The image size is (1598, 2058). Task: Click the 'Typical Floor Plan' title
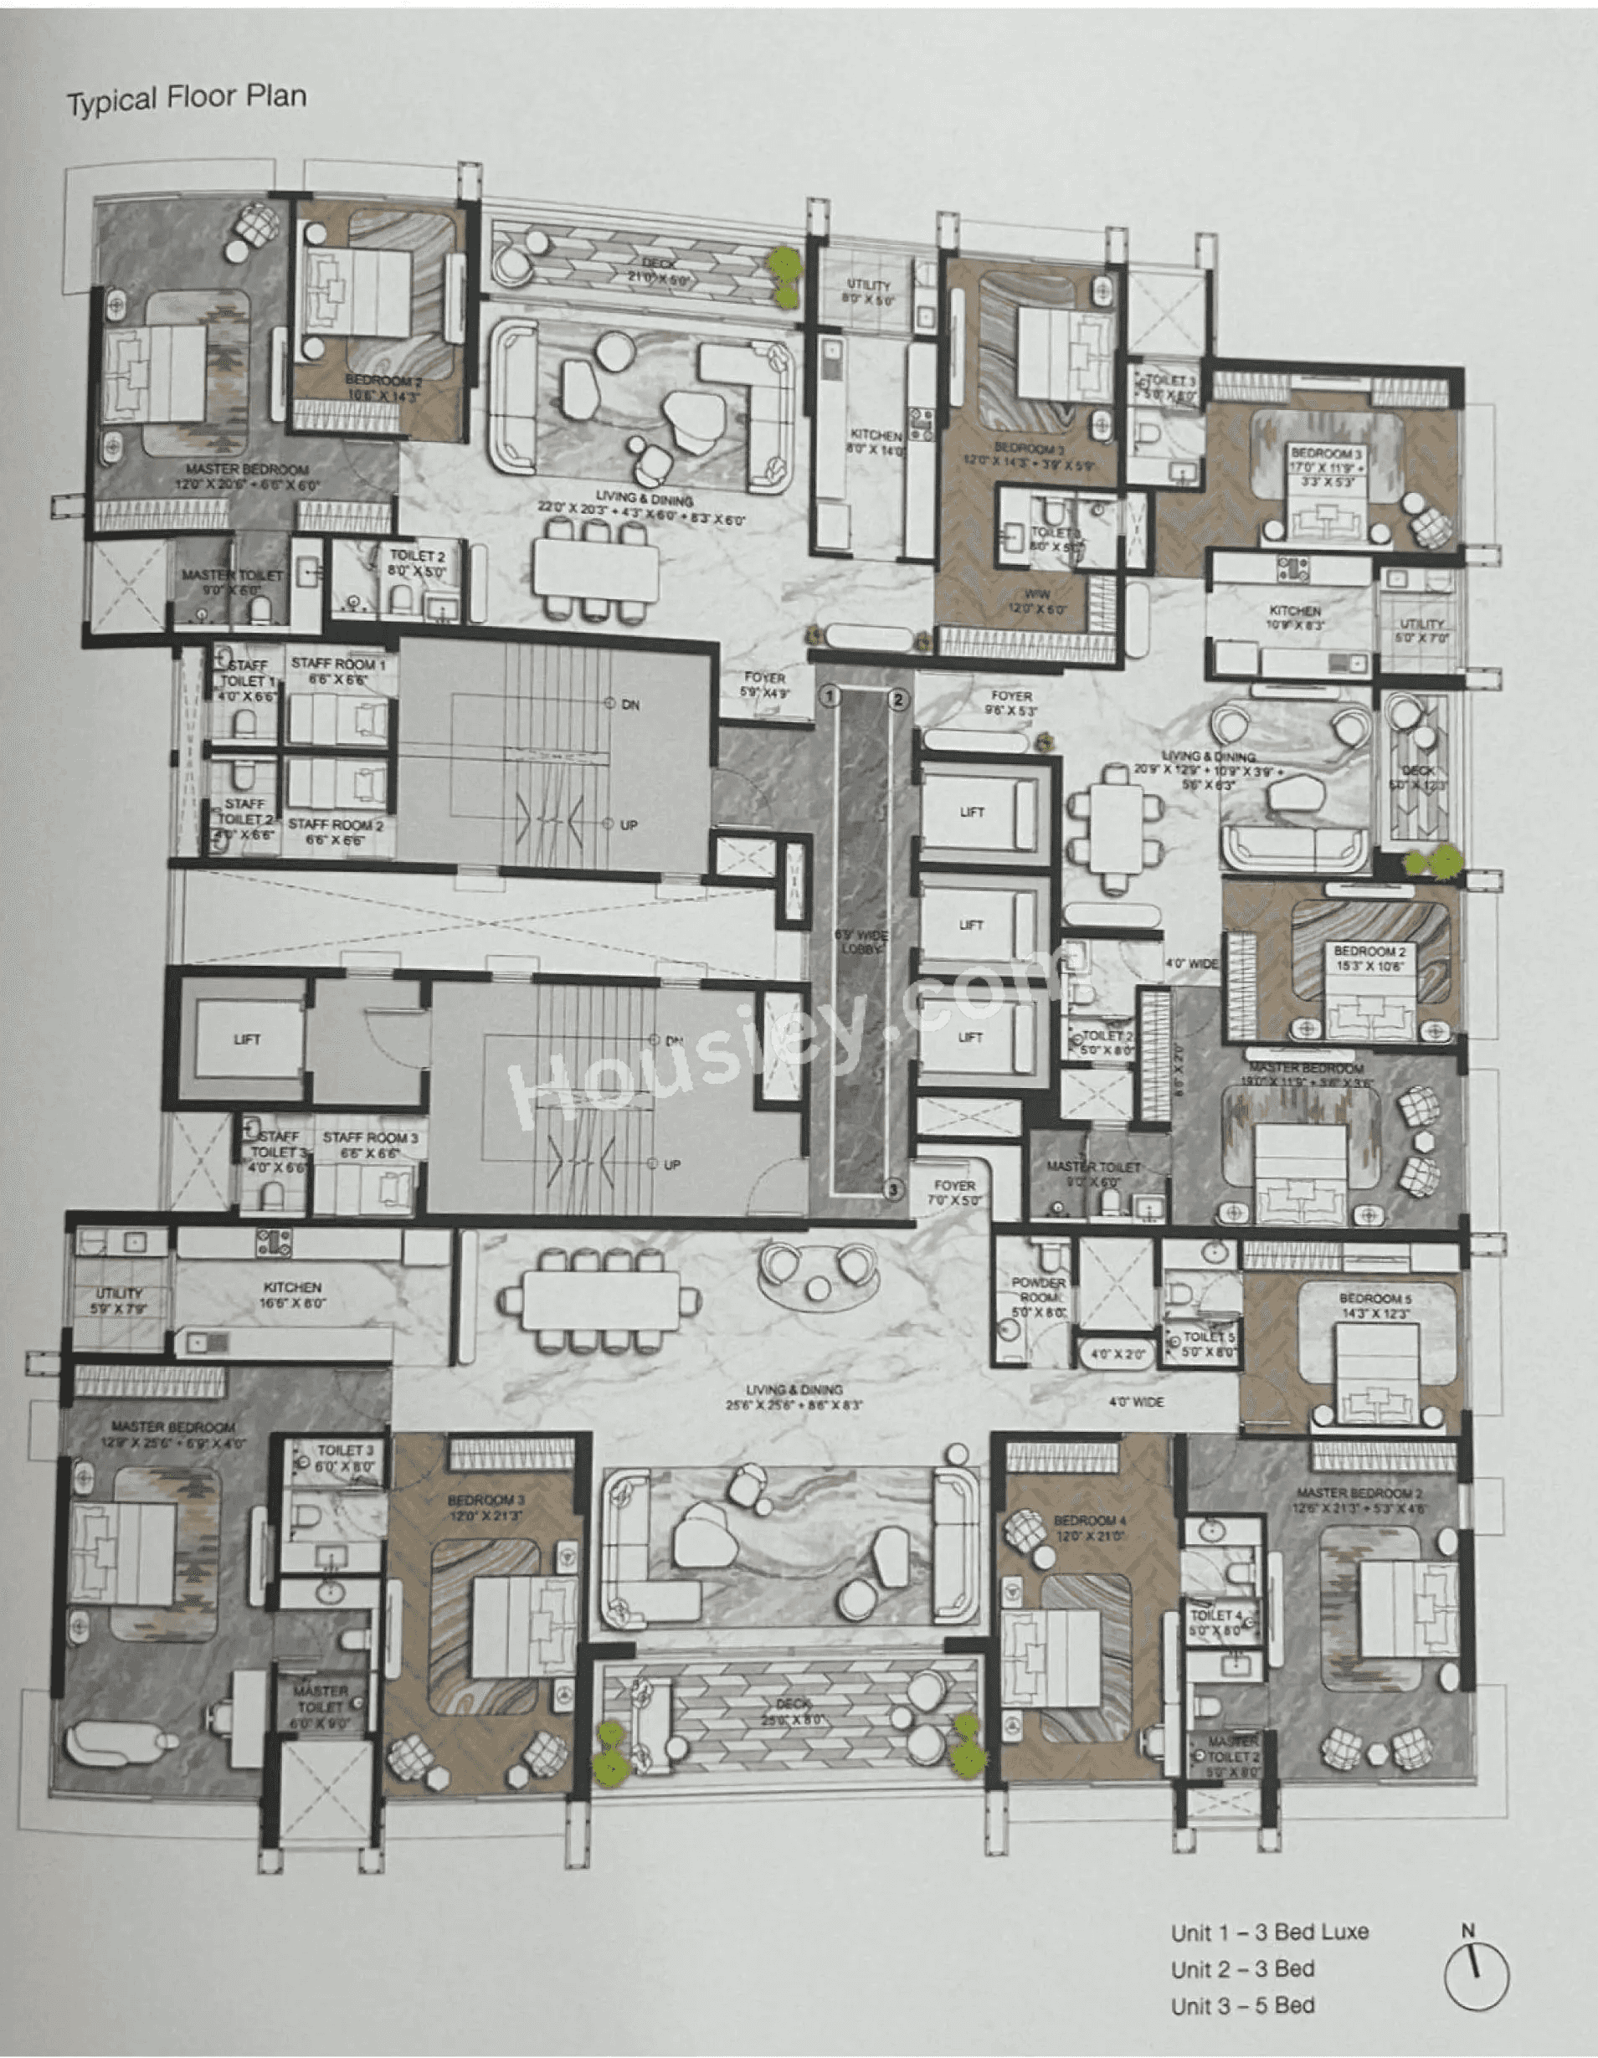point(187,98)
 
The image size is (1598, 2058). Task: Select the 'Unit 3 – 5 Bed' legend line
point(1243,2006)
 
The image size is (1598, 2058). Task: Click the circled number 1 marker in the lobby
point(830,696)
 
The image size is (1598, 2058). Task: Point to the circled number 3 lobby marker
point(893,1190)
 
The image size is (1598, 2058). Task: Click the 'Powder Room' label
point(1038,1296)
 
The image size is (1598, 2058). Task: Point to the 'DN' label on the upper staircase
point(630,705)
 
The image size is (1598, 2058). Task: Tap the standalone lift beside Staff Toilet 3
point(247,1039)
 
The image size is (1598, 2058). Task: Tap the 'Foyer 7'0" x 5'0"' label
point(953,1193)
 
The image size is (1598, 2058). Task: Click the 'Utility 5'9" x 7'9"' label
point(119,1301)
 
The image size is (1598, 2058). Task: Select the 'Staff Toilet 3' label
point(278,1152)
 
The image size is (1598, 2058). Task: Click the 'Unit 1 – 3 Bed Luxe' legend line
point(1269,1932)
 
